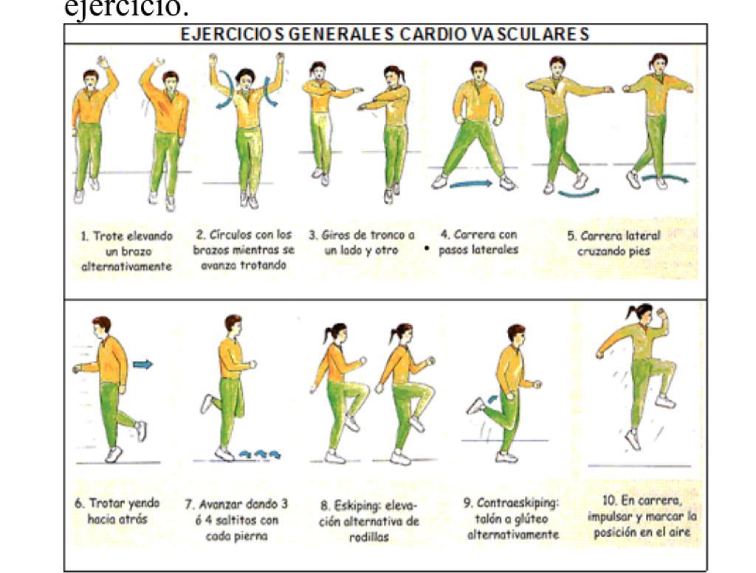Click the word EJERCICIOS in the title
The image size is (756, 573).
233,34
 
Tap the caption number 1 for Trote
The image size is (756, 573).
84,236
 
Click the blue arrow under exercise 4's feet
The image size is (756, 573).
471,183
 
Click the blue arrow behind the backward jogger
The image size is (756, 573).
142,364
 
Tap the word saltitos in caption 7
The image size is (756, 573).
233,521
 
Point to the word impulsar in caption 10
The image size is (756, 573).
608,517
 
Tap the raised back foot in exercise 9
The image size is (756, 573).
476,406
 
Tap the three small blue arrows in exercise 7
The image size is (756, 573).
261,454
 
